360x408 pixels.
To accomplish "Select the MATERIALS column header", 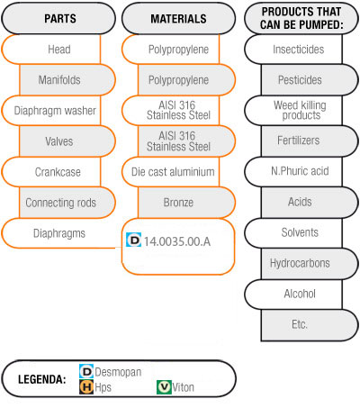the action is [178, 19].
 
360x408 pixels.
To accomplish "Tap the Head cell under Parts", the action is [51, 50].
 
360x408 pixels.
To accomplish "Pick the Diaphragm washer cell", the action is [51, 111].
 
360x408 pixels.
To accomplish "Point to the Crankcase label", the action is [58, 172].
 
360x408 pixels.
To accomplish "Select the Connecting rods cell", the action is [67, 203].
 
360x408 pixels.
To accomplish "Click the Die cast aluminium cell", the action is [171, 172].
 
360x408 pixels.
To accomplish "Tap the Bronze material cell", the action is [186, 203].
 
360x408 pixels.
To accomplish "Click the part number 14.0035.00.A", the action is [177, 241].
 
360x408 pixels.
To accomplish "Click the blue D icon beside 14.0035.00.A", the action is [133, 240].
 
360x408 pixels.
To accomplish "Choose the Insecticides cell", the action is [293, 50].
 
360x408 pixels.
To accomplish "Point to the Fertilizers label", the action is [299, 141].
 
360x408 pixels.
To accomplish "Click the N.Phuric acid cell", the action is [293, 171].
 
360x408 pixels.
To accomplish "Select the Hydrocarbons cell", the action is [310, 263].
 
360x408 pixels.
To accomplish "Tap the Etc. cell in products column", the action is [310, 325].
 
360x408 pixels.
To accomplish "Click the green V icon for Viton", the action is [164, 387].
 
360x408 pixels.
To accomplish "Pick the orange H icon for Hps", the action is [86, 386].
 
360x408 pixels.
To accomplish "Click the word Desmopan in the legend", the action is [118, 372].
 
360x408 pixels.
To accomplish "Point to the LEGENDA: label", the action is [42, 379].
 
